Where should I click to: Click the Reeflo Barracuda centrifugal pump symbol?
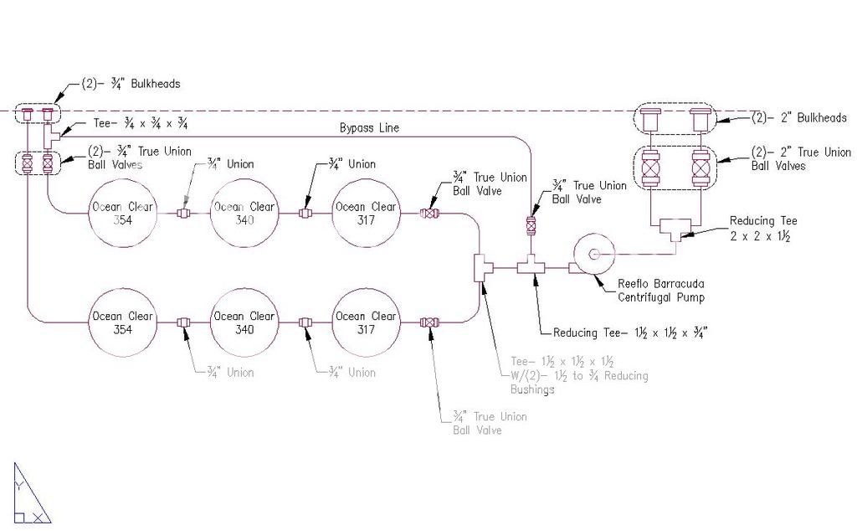point(593,252)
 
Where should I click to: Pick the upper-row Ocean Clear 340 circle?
point(244,214)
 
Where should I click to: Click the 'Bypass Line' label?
point(369,128)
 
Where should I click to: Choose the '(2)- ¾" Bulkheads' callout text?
point(131,84)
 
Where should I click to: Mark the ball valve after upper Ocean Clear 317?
point(431,214)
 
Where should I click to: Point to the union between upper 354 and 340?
point(183,214)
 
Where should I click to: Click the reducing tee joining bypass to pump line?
point(531,267)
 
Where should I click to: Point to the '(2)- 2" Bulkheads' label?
point(799,118)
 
